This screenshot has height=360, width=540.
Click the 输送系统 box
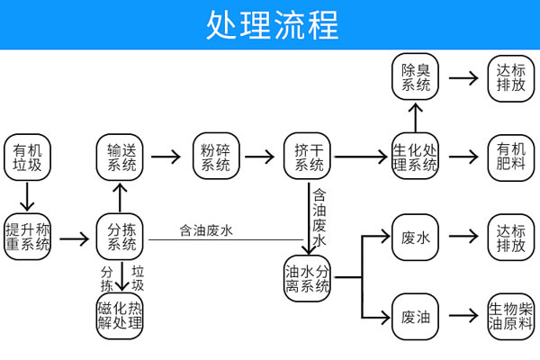(121, 157)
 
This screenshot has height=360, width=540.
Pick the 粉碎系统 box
(215, 157)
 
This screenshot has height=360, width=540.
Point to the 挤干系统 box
(309, 157)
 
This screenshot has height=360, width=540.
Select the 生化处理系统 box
(415, 157)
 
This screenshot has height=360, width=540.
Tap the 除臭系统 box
(415, 77)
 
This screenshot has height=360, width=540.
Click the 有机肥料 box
(510, 157)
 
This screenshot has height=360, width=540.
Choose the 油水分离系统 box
(309, 280)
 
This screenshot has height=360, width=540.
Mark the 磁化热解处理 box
(121, 316)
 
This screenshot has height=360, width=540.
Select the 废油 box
(415, 316)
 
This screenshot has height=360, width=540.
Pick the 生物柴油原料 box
(510, 316)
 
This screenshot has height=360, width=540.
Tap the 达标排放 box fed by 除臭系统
(510, 77)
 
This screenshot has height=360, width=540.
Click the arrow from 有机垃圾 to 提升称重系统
(28, 196)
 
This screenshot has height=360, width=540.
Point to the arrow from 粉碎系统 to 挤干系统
(260, 157)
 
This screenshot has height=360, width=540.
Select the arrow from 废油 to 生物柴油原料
(463, 316)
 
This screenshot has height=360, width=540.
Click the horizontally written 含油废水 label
(206, 230)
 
